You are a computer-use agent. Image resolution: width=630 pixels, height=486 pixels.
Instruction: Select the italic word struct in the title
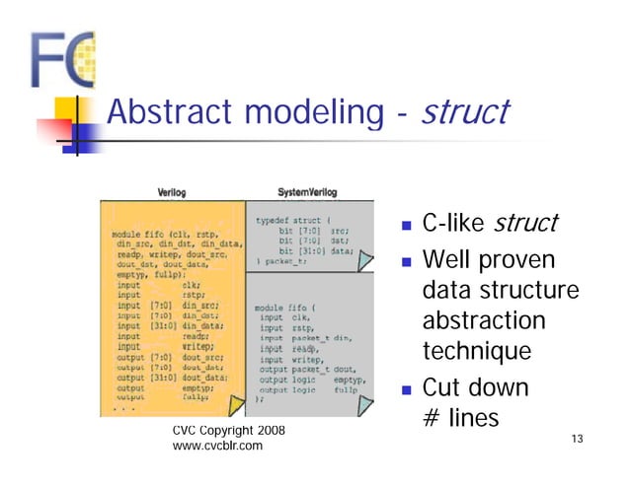[464, 111]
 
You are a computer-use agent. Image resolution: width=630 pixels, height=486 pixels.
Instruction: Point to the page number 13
[578, 439]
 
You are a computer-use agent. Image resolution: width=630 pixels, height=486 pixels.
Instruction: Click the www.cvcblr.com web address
[217, 447]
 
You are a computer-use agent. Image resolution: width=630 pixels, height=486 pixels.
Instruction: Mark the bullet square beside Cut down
[407, 388]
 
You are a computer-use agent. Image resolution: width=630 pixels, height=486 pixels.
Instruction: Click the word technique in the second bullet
[477, 352]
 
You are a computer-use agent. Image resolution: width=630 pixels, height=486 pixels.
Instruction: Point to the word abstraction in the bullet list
[483, 321]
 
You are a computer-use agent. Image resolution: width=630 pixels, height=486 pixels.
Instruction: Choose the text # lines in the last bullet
[460, 418]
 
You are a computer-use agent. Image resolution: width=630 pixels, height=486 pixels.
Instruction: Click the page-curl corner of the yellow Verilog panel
[235, 405]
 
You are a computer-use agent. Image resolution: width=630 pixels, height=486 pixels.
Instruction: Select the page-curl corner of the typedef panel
[365, 261]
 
